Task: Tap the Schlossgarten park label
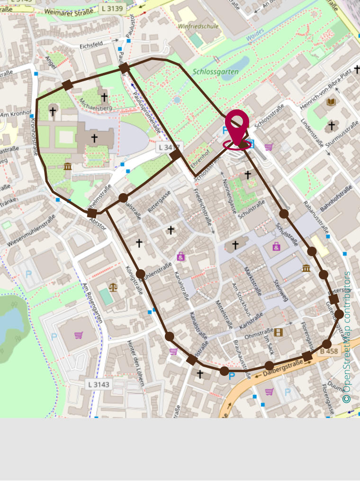(216, 72)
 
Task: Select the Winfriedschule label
(198, 27)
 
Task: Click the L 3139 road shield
(112, 9)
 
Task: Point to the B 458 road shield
(329, 351)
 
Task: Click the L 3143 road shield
(99, 384)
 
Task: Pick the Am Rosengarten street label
(92, 303)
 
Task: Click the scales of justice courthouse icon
(113, 287)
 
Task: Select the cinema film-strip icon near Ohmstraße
(278, 332)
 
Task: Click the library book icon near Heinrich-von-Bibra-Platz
(331, 102)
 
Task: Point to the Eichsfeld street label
(91, 46)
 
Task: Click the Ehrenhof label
(199, 155)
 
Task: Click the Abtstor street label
(98, 224)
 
